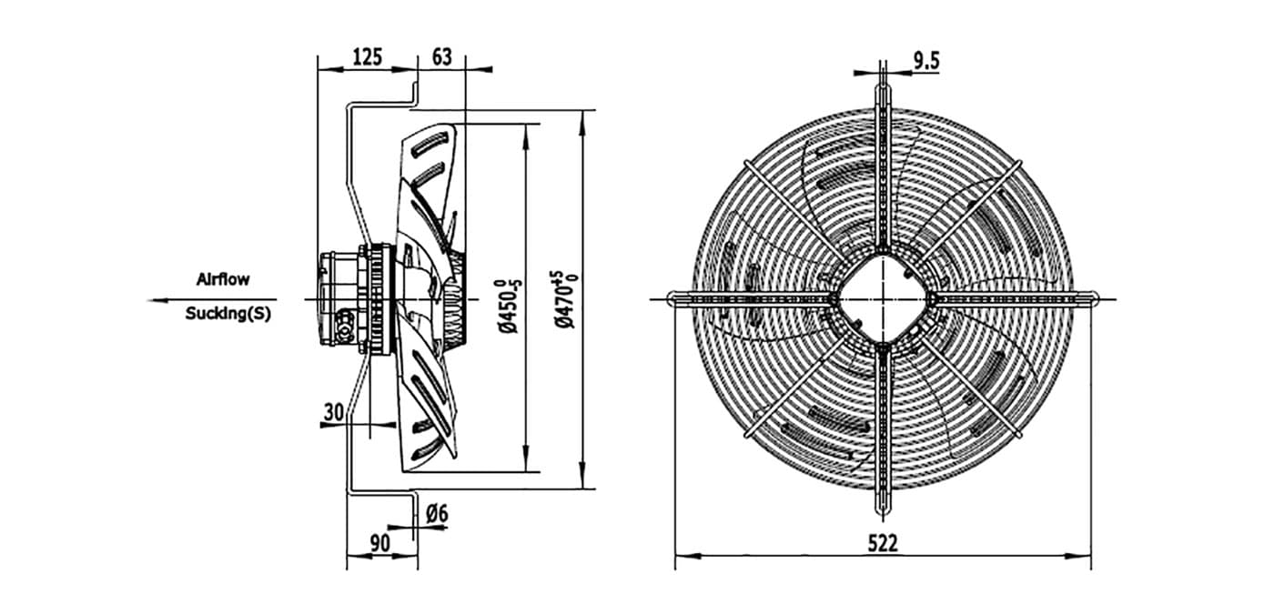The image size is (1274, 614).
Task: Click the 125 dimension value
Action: point(368,56)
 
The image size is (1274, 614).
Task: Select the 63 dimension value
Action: point(442,56)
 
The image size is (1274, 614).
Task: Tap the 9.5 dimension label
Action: point(926,61)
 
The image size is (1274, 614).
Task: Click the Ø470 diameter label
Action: point(566,299)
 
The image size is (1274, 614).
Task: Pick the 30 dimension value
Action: point(334,411)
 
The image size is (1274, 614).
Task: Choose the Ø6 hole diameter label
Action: point(437,513)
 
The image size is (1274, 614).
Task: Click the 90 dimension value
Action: point(380,543)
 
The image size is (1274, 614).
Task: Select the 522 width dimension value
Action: point(883,543)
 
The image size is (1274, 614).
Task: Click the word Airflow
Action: point(223,279)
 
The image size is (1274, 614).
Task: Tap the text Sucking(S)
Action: point(228,313)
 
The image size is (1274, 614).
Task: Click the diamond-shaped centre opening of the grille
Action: point(883,298)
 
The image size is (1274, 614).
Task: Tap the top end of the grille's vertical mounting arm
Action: point(883,62)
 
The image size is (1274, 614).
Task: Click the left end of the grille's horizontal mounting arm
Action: point(670,298)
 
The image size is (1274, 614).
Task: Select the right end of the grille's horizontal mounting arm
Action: point(1096,298)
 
